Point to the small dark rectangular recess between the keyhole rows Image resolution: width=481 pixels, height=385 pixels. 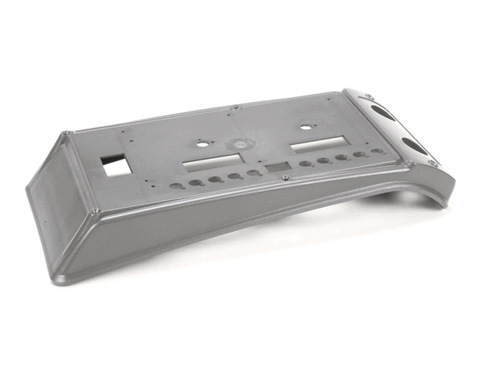(277, 168)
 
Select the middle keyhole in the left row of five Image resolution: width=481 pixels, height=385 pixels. (215, 180)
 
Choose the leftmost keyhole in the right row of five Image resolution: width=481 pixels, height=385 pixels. (305, 164)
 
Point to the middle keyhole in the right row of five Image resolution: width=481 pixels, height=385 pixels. (342, 157)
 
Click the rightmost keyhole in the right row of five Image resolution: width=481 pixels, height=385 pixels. (377, 151)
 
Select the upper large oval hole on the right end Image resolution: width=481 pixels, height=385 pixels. (382, 111)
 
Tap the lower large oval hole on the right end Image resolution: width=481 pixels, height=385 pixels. (414, 147)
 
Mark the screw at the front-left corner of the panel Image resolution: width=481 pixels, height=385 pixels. (95, 211)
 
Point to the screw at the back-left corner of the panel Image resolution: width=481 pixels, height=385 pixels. (67, 133)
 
